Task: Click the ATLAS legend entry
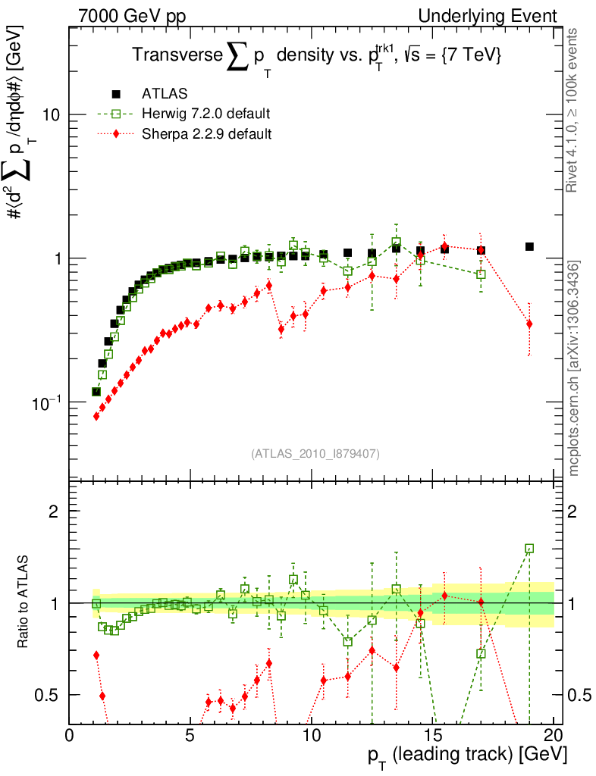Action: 165,94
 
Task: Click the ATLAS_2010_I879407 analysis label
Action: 315,454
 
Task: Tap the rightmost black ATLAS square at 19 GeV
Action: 529,246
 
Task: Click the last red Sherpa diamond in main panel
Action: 529,324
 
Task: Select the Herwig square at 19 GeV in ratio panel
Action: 529,548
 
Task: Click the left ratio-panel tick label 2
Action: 54,512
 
